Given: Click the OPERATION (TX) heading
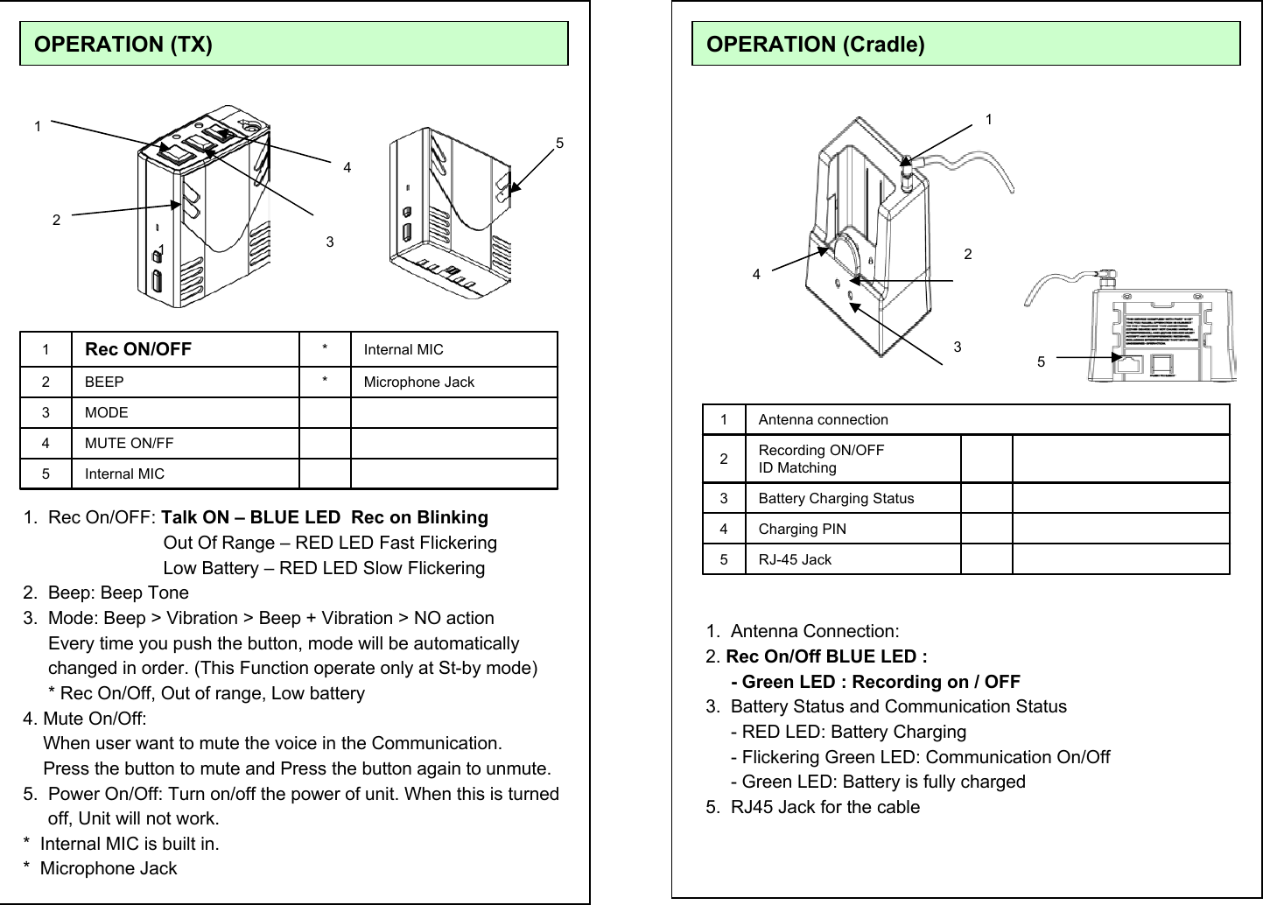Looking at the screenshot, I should (123, 44).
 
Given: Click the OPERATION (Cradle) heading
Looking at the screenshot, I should (815, 44).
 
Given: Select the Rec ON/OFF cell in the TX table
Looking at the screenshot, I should (138, 349).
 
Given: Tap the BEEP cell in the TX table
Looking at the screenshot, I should (104, 382).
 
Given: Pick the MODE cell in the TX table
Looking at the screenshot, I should (106, 412).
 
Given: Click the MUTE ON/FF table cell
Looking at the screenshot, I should (129, 443).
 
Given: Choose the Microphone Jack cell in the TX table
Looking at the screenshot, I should (418, 382).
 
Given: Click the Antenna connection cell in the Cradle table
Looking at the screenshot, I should (823, 419).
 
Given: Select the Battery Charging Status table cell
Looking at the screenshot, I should (836, 498).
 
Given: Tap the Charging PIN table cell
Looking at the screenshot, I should (802, 529).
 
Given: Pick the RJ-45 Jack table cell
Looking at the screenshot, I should (795, 559).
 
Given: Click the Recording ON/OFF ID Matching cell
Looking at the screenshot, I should (821, 459).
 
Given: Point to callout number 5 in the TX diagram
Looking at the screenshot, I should (559, 143).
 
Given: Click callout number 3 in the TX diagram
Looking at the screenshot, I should (330, 242).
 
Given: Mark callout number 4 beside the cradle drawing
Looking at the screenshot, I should (757, 274).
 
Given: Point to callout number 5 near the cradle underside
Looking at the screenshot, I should (1041, 361).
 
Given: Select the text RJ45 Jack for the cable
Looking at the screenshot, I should (824, 807).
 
